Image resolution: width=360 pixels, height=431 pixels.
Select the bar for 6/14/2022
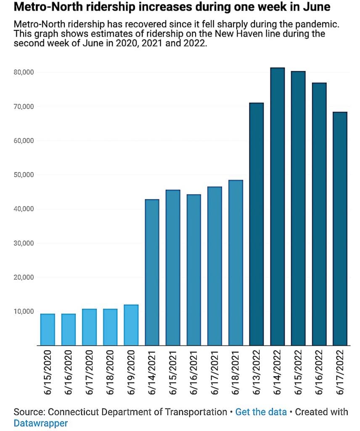[x=278, y=206]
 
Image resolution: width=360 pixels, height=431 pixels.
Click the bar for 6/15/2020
[x=48, y=330]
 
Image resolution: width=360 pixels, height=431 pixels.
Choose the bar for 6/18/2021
[x=236, y=263]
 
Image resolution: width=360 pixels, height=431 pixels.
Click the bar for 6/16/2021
[x=194, y=270]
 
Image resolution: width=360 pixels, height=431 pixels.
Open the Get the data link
[x=261, y=412]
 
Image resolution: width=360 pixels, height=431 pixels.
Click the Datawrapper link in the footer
[x=41, y=423]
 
